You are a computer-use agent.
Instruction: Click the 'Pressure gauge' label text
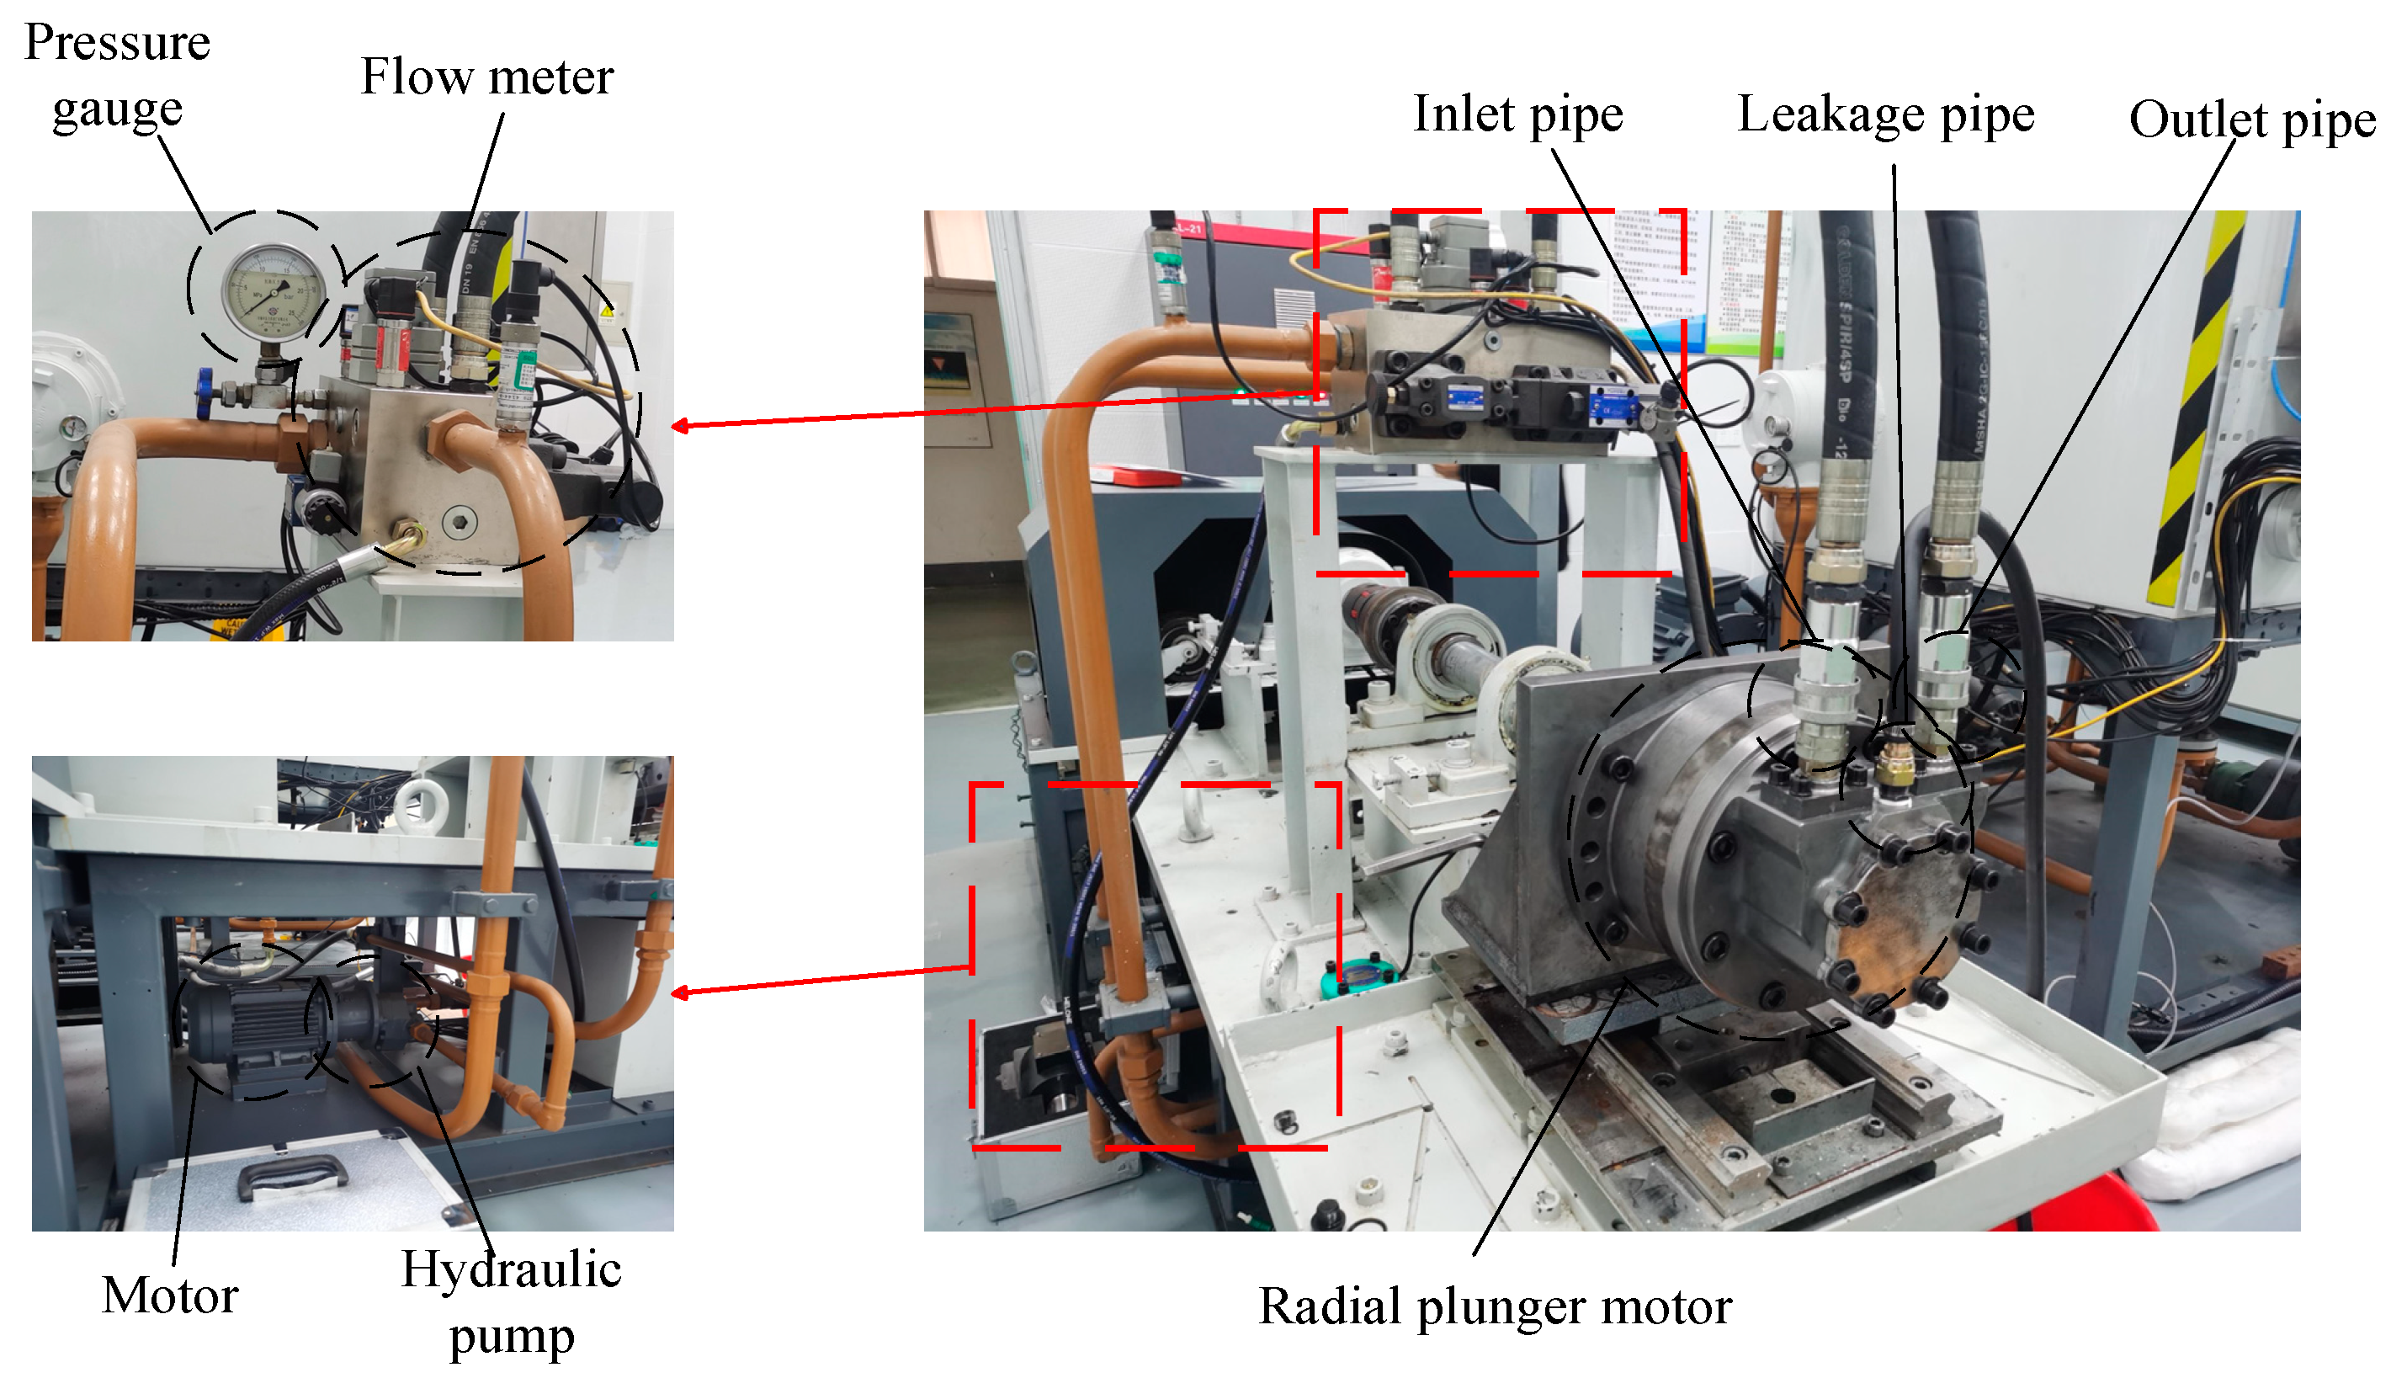(x=116, y=76)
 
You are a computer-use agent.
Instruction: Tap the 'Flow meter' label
(x=486, y=76)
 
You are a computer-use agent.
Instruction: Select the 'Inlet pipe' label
(x=1517, y=114)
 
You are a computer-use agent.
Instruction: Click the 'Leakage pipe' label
(x=1885, y=114)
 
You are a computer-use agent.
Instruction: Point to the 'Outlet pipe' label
(x=2251, y=120)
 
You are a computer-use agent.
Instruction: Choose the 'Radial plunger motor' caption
(x=1494, y=1306)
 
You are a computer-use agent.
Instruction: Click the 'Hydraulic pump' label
(x=511, y=1301)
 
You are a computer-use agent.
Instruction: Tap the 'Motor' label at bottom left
(x=169, y=1294)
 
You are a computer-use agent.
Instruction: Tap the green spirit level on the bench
(x=1361, y=975)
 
